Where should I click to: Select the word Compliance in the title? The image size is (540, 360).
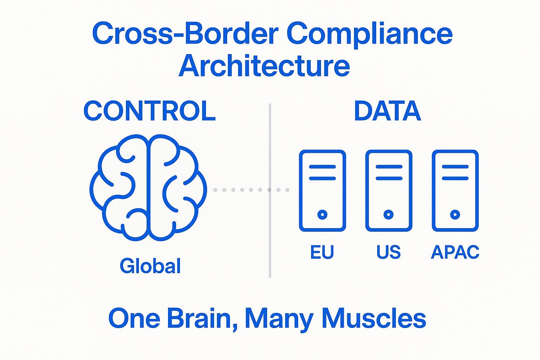tap(369, 34)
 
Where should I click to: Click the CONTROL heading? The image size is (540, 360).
tap(149, 111)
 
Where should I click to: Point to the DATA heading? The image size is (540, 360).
tap(387, 111)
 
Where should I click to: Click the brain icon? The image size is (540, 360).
tap(148, 187)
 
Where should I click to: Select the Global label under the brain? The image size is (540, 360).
tap(150, 266)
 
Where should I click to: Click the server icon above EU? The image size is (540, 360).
tap(322, 191)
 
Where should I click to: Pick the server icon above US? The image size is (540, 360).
tap(388, 191)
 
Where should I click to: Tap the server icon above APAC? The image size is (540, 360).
tap(455, 191)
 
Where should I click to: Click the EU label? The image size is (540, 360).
tap(322, 252)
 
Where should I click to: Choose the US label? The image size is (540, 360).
tap(388, 252)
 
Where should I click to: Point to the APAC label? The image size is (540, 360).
tap(455, 252)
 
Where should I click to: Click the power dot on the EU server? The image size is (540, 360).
tap(322, 214)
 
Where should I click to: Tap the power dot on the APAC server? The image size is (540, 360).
tap(455, 214)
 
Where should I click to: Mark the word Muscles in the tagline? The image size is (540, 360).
tap(374, 318)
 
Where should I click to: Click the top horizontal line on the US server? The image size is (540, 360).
tap(388, 167)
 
